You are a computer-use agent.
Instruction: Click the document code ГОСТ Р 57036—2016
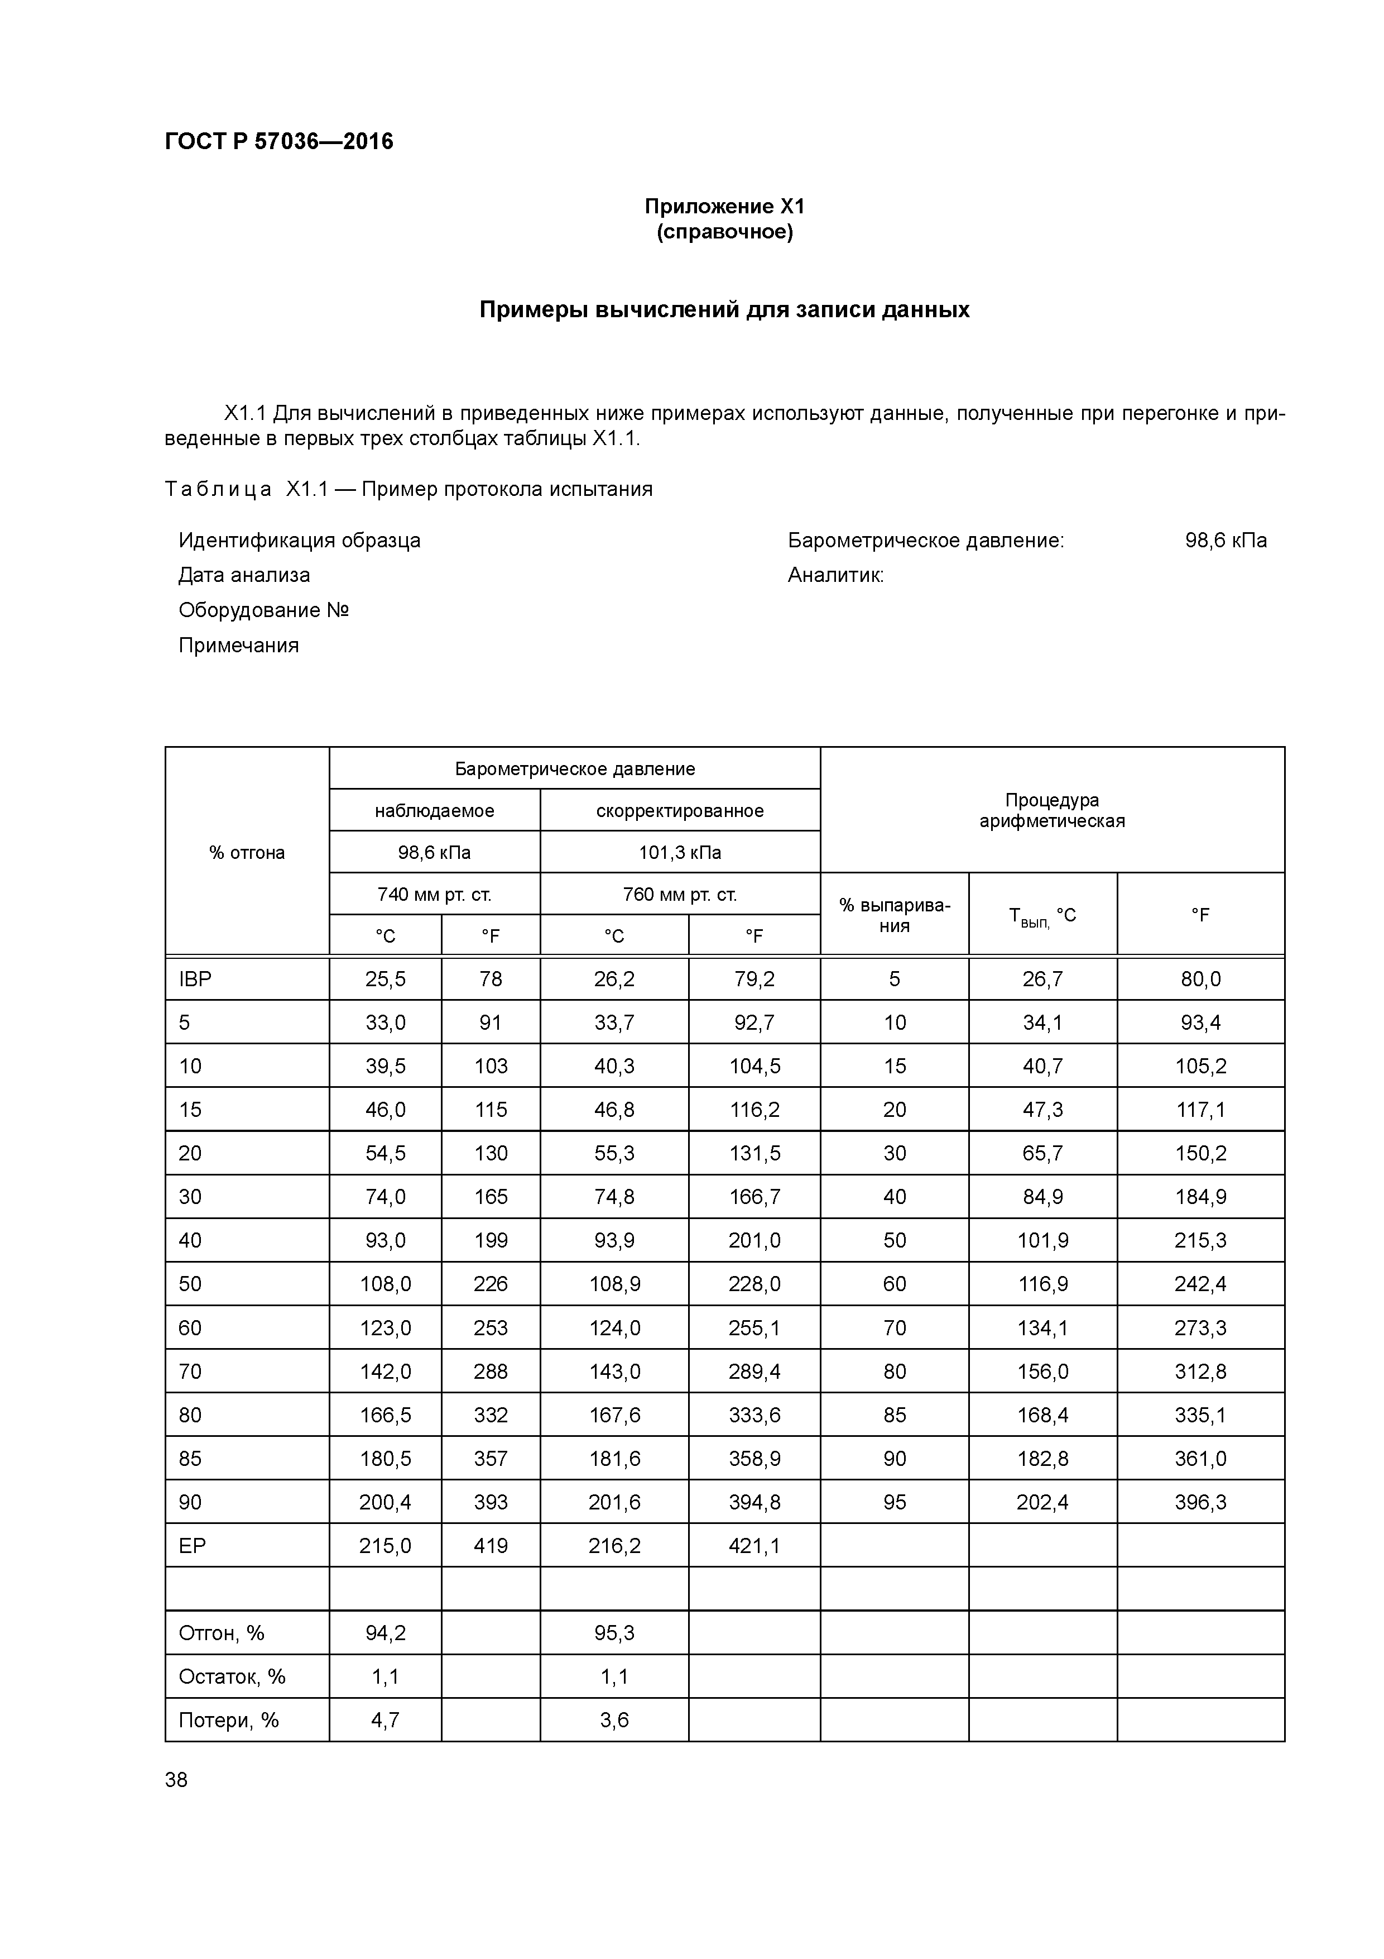[x=279, y=142]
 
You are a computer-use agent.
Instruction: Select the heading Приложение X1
[x=724, y=207]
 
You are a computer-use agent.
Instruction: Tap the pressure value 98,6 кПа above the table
[x=1226, y=540]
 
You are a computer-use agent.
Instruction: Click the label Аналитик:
[x=835, y=575]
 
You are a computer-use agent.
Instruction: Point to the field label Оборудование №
[x=263, y=610]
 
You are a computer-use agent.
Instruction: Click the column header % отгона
[x=247, y=852]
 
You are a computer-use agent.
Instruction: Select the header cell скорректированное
[x=680, y=810]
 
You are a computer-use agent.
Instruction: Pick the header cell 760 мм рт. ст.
[x=680, y=894]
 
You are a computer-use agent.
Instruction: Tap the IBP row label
[x=195, y=979]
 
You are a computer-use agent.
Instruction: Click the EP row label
[x=193, y=1546]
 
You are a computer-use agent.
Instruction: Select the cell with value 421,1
[x=754, y=1546]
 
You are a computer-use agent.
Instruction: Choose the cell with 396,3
[x=1200, y=1503]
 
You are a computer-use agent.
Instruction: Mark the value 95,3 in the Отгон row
[x=614, y=1633]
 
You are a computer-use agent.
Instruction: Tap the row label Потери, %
[x=229, y=1720]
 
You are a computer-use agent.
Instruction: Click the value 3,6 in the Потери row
[x=614, y=1720]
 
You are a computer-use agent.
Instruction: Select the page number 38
[x=176, y=1780]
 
